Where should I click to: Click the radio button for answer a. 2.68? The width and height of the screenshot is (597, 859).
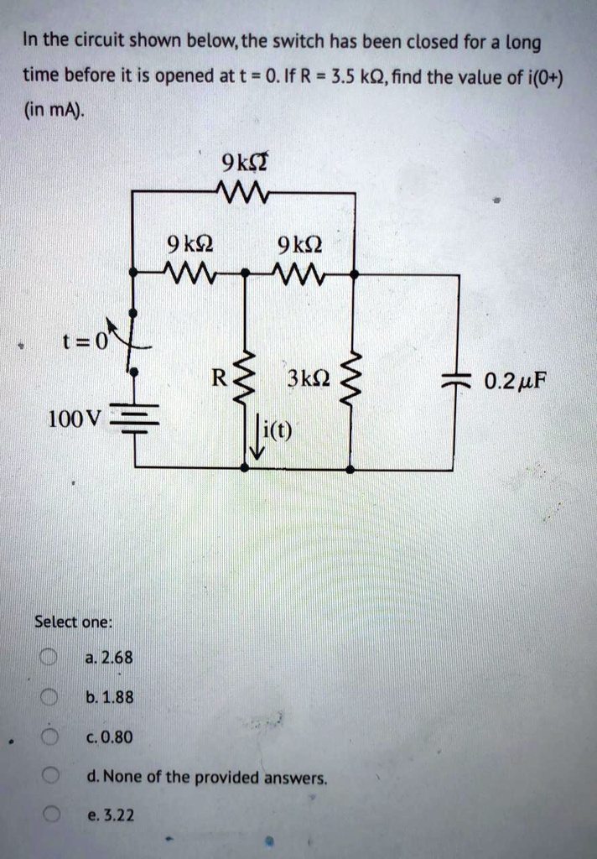[49, 657]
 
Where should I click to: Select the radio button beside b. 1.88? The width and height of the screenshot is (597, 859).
[49, 696]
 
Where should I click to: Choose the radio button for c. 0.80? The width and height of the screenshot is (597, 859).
[49, 737]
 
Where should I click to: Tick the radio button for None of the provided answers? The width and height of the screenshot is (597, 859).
[49, 777]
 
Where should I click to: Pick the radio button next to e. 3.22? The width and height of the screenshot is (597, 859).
[49, 815]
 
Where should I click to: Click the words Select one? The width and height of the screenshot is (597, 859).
[73, 622]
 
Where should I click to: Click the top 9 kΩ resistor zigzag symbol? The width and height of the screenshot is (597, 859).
[241, 191]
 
